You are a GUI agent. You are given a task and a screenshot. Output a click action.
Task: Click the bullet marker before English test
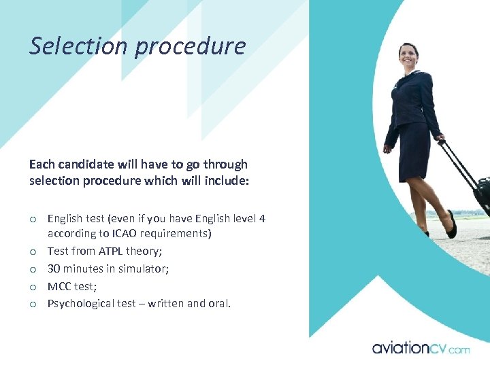click(33, 219)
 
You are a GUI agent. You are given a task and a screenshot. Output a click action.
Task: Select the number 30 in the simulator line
click(54, 268)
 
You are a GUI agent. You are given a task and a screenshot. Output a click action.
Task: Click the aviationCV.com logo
click(420, 348)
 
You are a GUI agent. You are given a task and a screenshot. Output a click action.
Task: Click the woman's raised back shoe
click(451, 224)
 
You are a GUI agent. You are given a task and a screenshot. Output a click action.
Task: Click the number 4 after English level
click(262, 218)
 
